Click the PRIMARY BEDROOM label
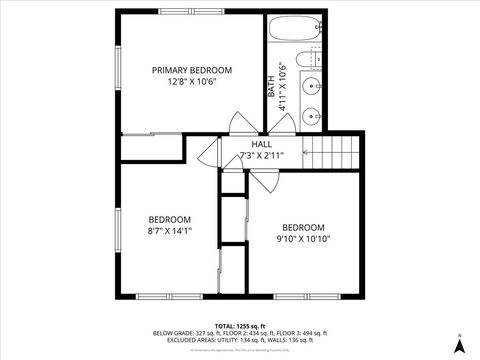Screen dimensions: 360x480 point(191,70)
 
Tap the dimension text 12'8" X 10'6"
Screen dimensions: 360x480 point(191,82)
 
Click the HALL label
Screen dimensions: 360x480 point(261,144)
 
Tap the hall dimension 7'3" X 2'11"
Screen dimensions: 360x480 point(261,156)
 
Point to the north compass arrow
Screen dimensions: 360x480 point(459,344)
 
